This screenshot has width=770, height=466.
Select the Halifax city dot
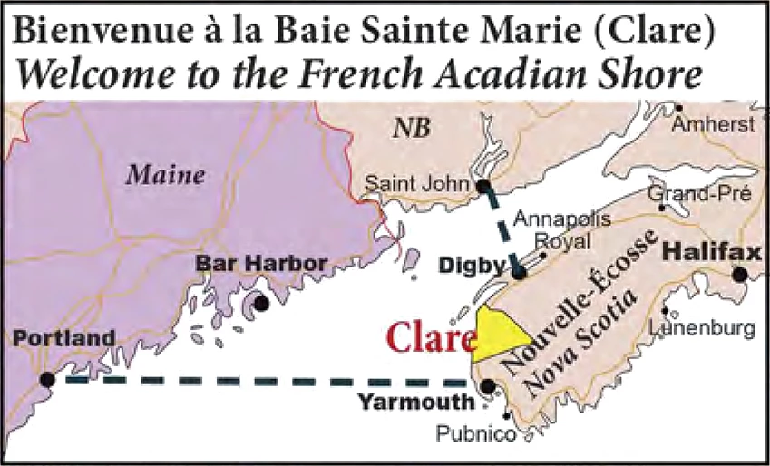pyautogui.click(x=741, y=274)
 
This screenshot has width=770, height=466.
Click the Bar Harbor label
pyautogui.click(x=261, y=264)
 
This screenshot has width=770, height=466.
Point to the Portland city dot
pyautogui.click(x=48, y=379)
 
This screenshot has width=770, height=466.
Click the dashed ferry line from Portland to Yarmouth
pyautogui.click(x=263, y=381)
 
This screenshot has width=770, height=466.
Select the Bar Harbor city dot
pyautogui.click(x=261, y=305)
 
